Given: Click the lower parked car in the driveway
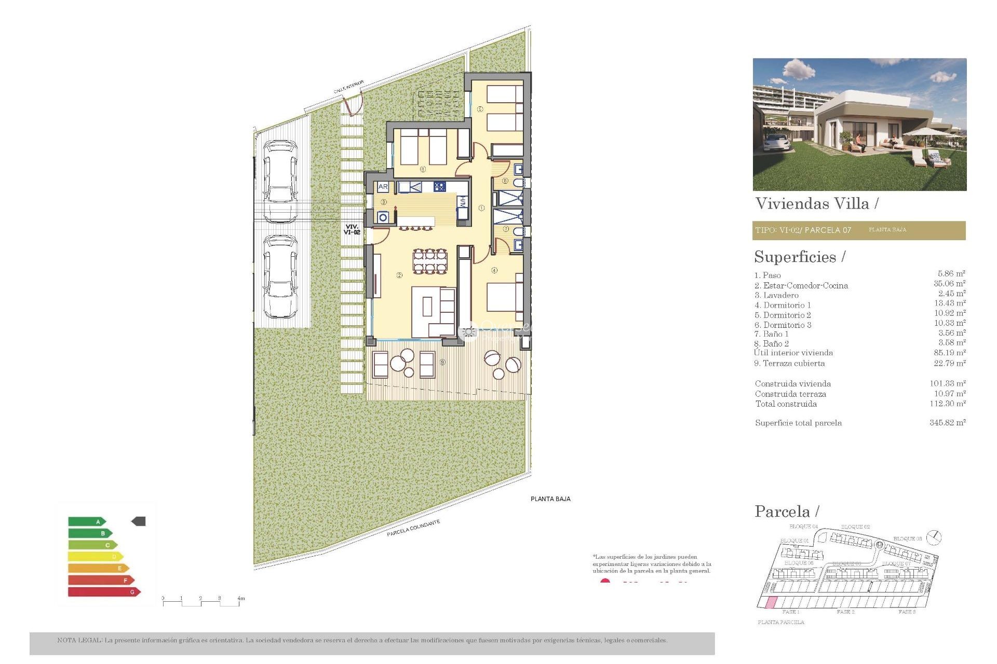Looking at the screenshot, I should pos(280,276).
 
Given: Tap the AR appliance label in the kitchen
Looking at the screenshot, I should pos(383,187).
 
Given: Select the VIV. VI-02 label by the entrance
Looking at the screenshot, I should pos(352,229).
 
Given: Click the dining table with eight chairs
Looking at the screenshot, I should pos(429,261).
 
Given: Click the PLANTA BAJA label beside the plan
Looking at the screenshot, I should pos(550,499).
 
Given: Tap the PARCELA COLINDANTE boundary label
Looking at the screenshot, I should pos(413,528).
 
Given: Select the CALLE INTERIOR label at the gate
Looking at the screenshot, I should pos(348,87).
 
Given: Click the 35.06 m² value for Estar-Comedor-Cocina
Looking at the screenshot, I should pos(949,284).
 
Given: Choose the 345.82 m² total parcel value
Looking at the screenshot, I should pos(947,423).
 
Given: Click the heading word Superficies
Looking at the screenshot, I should pos(795,257).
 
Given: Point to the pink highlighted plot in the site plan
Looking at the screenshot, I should pos(772,602).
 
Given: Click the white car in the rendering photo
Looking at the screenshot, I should pos(777,142).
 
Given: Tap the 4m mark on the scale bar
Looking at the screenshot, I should pos(240,599).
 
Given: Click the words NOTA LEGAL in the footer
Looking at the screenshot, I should pos(79,640).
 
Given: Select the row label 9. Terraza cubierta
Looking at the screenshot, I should pos(789,364).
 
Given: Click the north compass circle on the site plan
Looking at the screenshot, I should pos(934,537).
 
